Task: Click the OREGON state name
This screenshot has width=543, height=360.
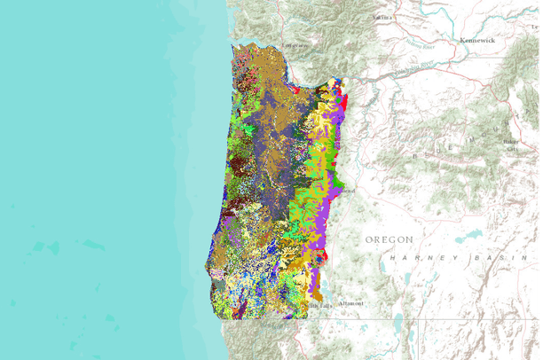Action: tap(390, 239)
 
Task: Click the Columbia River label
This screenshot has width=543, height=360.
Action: tap(404, 69)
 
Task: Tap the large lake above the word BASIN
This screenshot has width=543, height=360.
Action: tap(468, 238)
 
